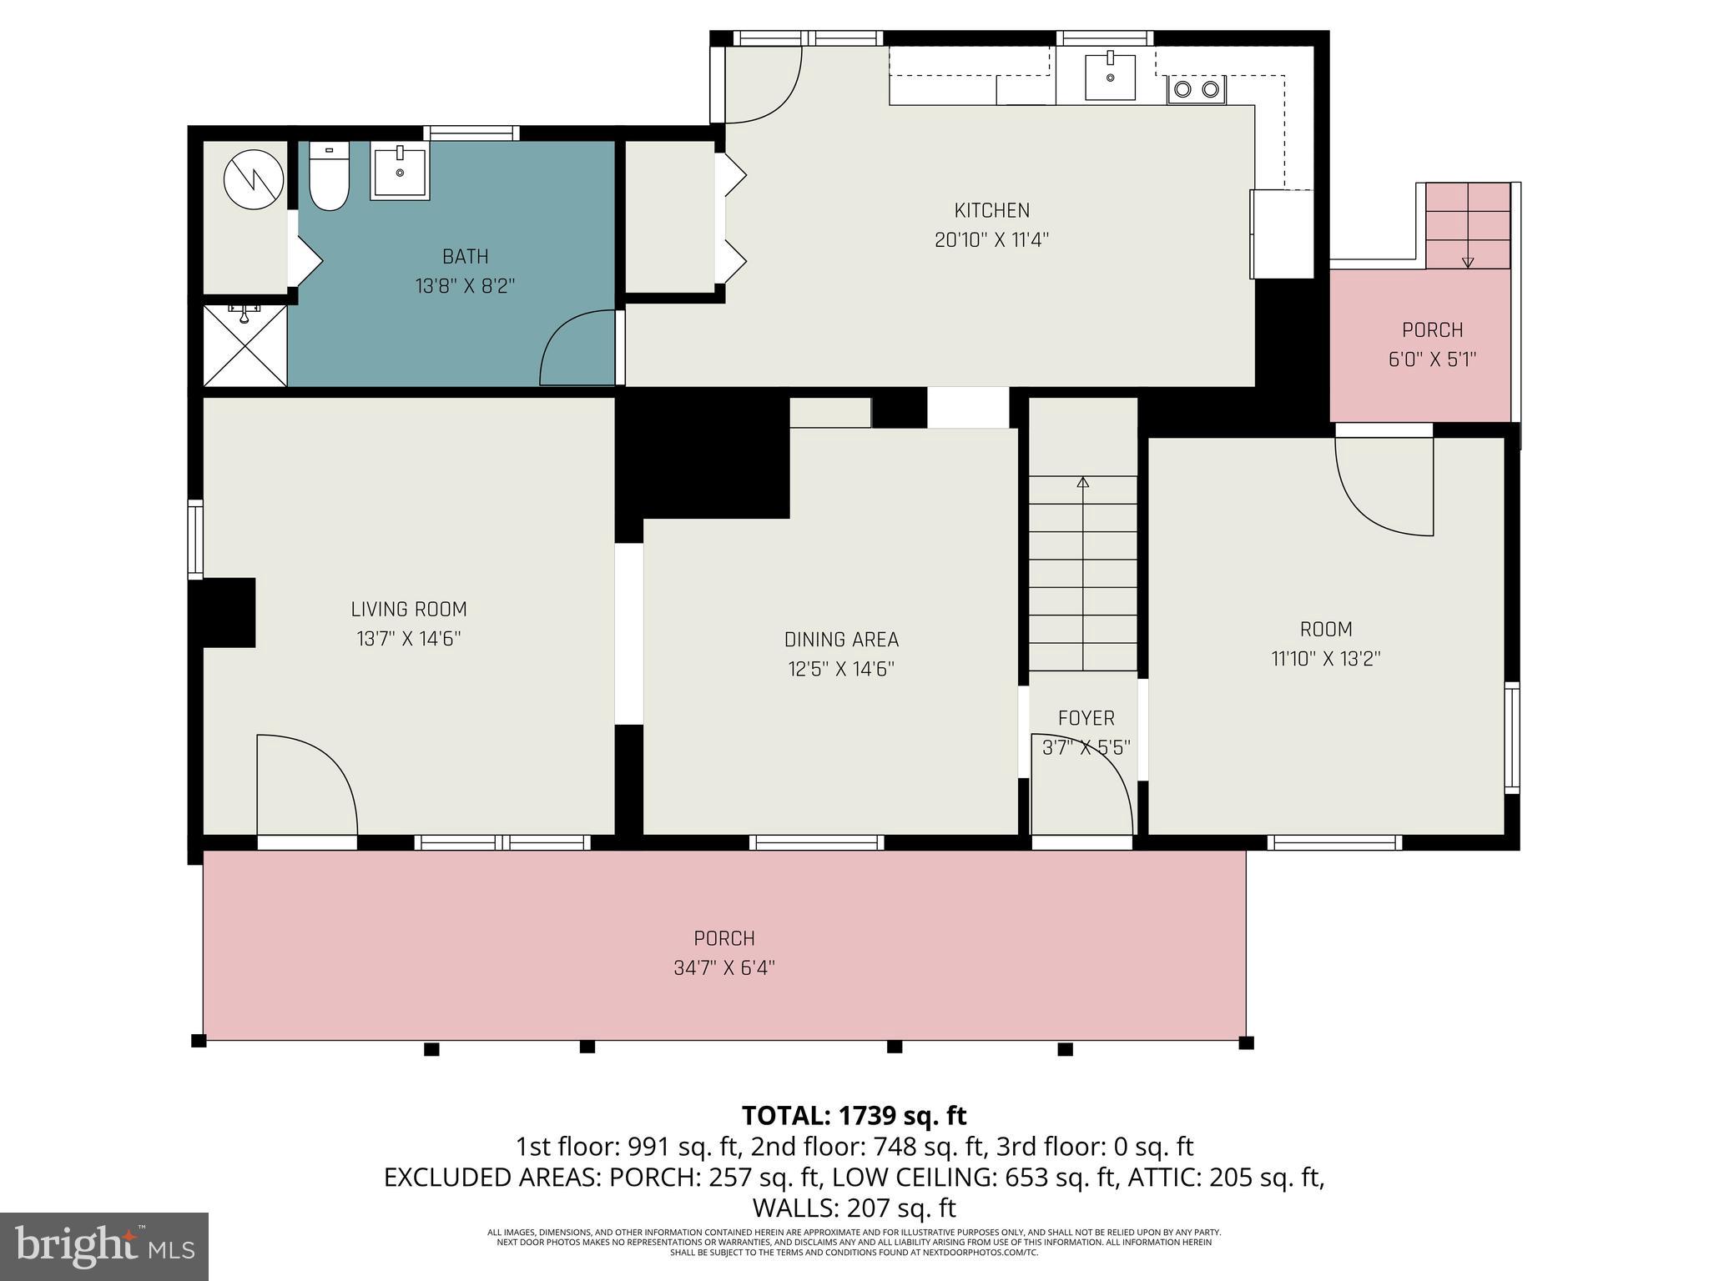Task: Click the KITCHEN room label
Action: tap(991, 210)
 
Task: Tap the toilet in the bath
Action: tap(329, 177)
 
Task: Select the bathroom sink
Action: tap(400, 173)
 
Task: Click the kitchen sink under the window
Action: tap(1110, 78)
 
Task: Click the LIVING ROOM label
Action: tap(408, 610)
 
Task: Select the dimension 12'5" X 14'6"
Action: tap(841, 669)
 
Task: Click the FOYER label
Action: tap(1086, 718)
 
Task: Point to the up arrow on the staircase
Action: tap(1083, 482)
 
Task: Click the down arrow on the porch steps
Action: tap(1468, 263)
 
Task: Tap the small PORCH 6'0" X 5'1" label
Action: tap(1432, 330)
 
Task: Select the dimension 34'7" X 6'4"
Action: tap(723, 968)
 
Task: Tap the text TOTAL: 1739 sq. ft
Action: tap(854, 1115)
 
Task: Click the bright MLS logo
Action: tap(103, 1246)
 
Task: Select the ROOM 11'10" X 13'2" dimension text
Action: tap(1325, 659)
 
